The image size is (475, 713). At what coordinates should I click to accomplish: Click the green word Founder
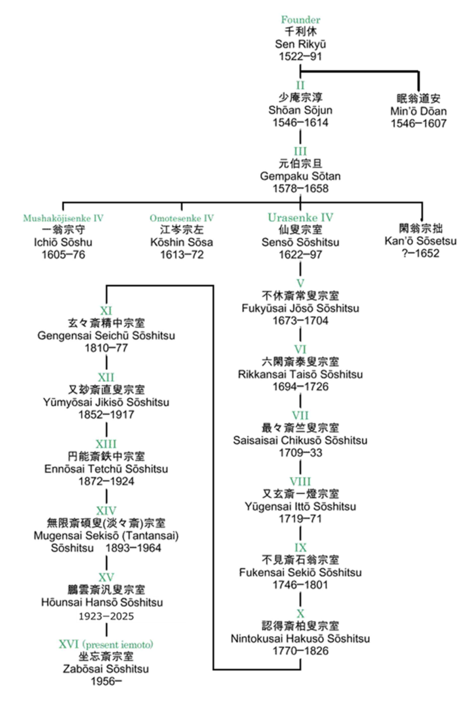[x=300, y=20]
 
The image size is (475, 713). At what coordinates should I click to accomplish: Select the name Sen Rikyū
[x=300, y=44]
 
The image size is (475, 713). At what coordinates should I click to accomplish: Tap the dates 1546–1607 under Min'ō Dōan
[x=418, y=123]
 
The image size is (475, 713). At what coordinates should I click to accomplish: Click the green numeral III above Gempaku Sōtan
[x=300, y=151]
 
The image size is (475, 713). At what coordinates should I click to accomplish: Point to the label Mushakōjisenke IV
[x=63, y=218]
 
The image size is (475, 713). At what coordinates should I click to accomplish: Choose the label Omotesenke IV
[x=181, y=218]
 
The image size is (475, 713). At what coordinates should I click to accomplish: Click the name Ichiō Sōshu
[x=63, y=242]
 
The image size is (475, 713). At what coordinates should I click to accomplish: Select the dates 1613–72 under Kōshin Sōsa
[x=181, y=255]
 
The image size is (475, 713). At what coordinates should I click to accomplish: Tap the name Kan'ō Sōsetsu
[x=420, y=241]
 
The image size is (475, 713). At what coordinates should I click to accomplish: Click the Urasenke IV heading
[x=300, y=217]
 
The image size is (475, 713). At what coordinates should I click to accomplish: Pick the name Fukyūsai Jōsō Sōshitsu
[x=300, y=308]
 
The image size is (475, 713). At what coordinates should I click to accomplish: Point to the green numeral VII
[x=300, y=415]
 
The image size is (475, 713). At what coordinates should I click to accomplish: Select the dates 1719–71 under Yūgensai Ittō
[x=300, y=519]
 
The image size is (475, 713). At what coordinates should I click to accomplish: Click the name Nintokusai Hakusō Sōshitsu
[x=300, y=638]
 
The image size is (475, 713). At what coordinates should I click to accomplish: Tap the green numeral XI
[x=106, y=311]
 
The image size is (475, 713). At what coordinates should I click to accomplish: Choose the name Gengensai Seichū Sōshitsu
[x=106, y=336]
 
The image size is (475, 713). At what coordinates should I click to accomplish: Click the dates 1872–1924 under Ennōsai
[x=106, y=481]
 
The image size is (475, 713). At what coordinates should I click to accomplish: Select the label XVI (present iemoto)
[x=106, y=644]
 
